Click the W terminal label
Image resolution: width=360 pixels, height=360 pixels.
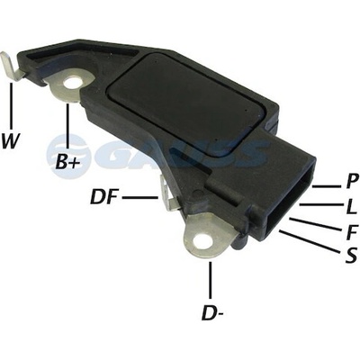pos(11,141)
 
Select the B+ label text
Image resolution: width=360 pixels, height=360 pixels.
pos(67,162)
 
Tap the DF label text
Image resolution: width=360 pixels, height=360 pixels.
pos(103,197)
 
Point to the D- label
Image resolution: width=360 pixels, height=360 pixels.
pos(213,312)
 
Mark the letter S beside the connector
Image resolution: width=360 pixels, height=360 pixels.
pos(351,256)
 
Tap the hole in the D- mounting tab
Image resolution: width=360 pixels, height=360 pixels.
pos(202,241)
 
